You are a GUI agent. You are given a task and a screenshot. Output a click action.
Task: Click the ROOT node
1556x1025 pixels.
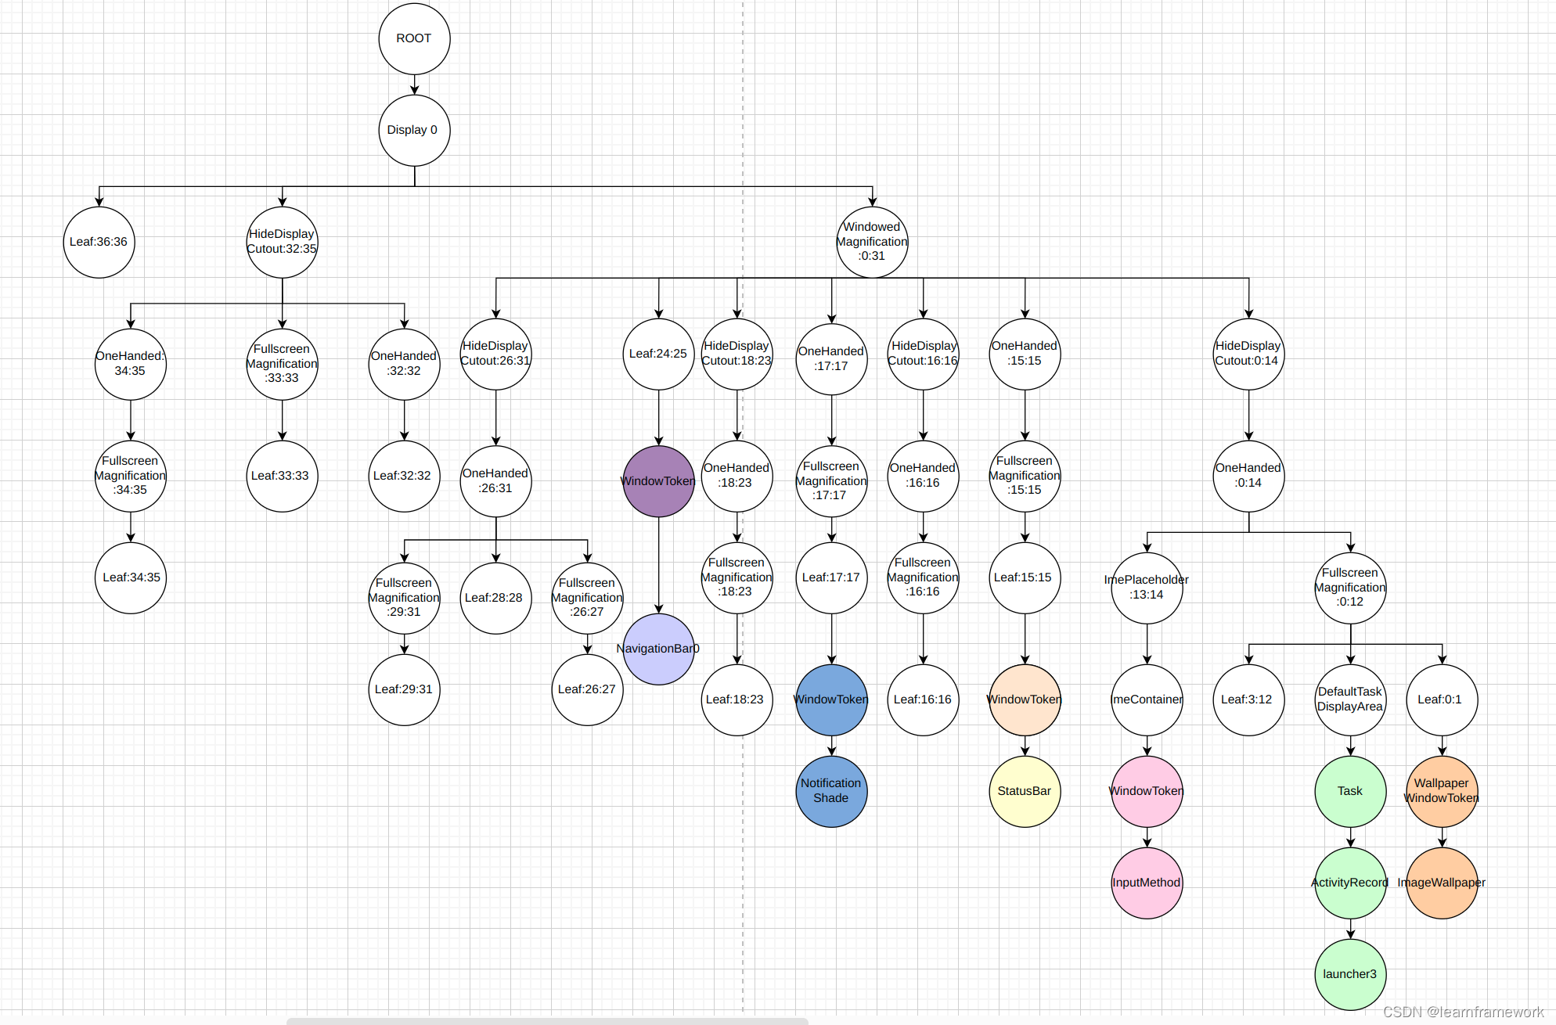pyautogui.click(x=414, y=38)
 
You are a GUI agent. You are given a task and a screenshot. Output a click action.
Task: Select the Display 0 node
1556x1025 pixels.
pyautogui.click(x=414, y=130)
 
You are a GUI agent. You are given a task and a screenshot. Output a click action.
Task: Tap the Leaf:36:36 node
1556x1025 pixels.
pyautogui.click(x=99, y=242)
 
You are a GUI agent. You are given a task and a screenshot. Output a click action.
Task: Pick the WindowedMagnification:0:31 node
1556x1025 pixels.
pyautogui.click(x=872, y=242)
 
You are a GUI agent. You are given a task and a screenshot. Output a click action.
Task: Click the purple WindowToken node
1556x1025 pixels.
pyautogui.click(x=658, y=481)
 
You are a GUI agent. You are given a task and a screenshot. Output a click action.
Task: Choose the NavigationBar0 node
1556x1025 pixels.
pyautogui.click(x=658, y=649)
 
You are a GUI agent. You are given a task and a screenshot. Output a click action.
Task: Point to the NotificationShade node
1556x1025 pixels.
pyautogui.click(x=831, y=791)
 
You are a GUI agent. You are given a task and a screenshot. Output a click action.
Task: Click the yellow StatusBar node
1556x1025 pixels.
pyautogui.click(x=1025, y=791)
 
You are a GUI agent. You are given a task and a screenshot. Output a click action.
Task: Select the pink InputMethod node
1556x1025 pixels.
pyautogui.click(x=1147, y=883)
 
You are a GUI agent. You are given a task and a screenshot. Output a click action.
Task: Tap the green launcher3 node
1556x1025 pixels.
pyautogui.click(x=1350, y=974)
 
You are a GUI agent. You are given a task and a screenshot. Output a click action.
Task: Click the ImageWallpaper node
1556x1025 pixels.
pyautogui.click(x=1442, y=883)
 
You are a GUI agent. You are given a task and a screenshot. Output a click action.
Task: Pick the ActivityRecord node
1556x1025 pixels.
pyautogui.click(x=1350, y=883)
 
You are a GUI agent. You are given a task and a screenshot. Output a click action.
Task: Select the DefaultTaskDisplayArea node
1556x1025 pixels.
pyautogui.click(x=1350, y=700)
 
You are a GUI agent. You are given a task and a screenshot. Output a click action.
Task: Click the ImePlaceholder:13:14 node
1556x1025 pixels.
pyautogui.click(x=1147, y=588)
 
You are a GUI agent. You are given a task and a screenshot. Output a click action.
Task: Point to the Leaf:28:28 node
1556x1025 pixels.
pyautogui.click(x=495, y=598)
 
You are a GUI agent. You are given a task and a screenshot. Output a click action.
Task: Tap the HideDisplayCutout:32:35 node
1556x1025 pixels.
pyautogui.click(x=282, y=242)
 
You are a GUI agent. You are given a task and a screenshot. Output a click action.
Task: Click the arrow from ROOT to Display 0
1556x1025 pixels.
pyautogui.click(x=414, y=85)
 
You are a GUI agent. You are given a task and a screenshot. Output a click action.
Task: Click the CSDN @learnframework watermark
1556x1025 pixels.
pyautogui.click(x=1462, y=1012)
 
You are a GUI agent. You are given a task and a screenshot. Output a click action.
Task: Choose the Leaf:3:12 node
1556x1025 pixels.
pyautogui.click(x=1248, y=700)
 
